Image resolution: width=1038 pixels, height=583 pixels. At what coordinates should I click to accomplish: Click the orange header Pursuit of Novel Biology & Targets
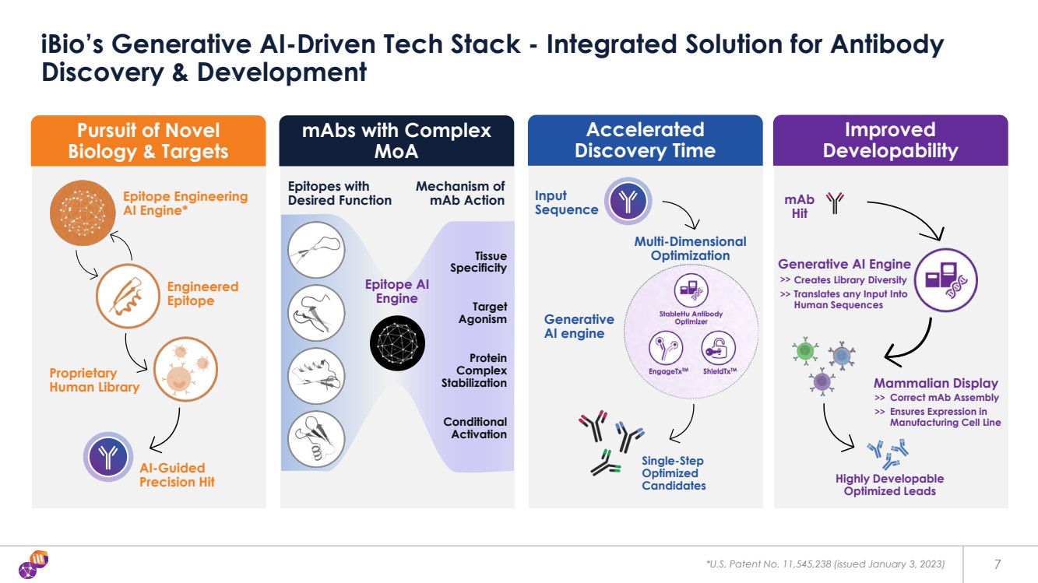148,141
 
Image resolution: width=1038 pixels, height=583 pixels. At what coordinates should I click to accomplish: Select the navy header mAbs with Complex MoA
396,141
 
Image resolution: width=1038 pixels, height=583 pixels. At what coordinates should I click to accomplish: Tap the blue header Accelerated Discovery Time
645,140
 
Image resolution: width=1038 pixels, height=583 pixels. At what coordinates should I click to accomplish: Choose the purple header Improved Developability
890,140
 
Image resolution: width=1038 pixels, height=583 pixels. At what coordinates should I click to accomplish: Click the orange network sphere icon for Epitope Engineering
82,206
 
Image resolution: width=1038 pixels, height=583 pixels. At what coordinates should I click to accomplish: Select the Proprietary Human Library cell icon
185,369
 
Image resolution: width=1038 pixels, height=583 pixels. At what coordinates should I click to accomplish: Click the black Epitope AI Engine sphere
397,342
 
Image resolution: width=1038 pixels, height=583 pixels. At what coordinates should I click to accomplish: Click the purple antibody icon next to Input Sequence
628,202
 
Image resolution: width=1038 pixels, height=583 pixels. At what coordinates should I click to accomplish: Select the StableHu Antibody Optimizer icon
690,291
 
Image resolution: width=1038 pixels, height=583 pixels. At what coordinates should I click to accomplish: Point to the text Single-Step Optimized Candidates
674,473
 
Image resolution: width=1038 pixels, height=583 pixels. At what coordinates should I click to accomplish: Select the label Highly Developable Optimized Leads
889,485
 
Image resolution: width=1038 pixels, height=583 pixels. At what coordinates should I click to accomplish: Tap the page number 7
998,564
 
